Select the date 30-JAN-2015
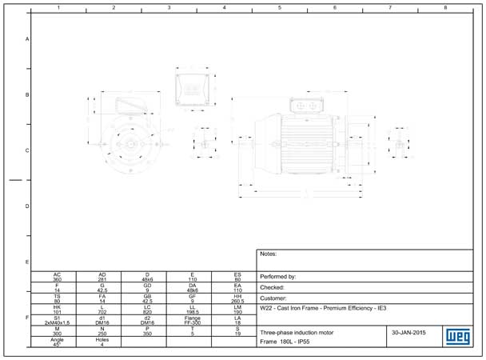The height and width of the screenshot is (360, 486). point(409,331)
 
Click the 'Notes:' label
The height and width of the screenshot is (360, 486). point(269,254)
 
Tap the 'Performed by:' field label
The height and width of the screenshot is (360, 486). point(278,277)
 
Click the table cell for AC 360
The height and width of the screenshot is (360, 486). point(57,277)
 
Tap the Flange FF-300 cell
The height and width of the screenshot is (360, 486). point(192,319)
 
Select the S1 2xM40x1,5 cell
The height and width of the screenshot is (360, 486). point(57,319)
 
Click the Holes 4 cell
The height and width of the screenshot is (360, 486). point(102,341)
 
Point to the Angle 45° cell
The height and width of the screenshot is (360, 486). point(57,341)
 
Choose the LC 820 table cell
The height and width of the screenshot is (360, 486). point(147,309)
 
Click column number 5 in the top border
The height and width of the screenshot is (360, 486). point(280,7)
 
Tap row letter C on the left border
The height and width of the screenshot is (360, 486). point(27,150)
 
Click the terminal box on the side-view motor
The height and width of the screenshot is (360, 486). point(306,105)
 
